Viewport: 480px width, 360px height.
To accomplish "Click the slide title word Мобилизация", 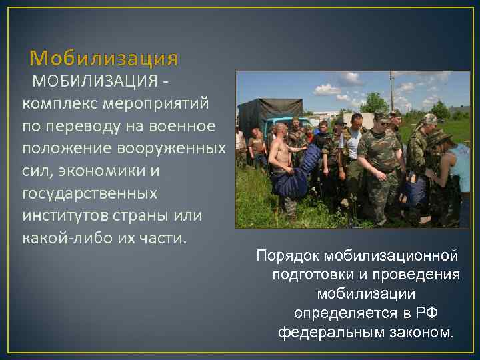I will click(103, 59).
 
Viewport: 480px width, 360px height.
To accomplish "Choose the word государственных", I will click(91, 193).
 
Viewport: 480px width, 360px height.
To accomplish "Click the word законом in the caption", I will click(418, 331).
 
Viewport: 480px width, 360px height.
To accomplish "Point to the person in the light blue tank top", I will click(460, 173).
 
